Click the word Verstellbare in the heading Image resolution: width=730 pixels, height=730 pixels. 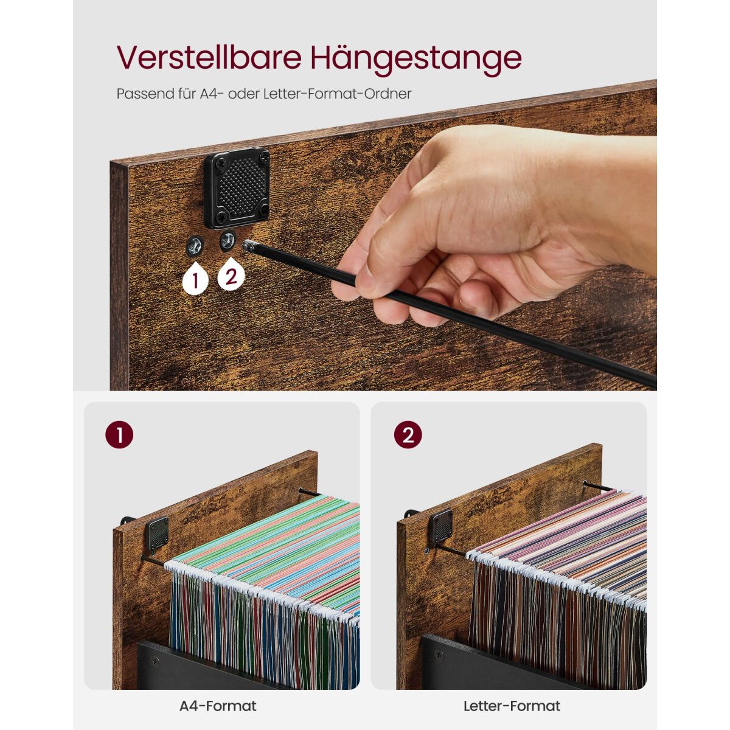coord(209,58)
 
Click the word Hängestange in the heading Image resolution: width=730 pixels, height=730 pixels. coord(416,60)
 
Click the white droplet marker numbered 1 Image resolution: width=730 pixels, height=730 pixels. coord(195,279)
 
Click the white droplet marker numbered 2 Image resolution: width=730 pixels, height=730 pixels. coord(231,274)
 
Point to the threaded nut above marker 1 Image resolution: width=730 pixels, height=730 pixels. coord(195,247)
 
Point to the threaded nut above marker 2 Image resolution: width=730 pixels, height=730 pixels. coord(228,241)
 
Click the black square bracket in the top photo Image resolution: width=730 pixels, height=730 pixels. coord(237,188)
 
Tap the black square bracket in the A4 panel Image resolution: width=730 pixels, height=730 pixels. coord(157,536)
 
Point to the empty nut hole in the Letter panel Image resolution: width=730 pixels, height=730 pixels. coord(427,551)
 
